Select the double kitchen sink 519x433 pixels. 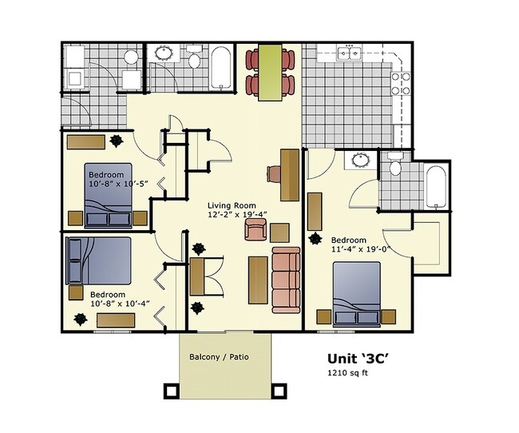point(349,54)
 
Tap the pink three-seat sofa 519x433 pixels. point(285,280)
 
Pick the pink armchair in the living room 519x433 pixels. point(256,230)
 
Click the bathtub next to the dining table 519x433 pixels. point(220,68)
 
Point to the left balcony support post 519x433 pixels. point(171,391)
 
